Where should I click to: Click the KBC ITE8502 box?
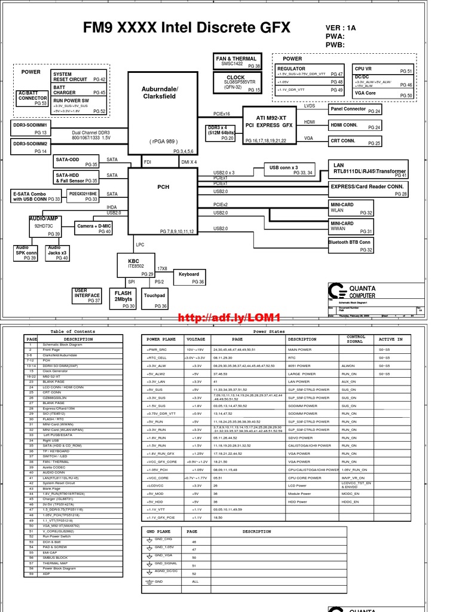coord(136,265)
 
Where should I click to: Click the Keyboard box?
coord(189,277)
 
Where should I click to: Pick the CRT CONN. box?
coord(356,142)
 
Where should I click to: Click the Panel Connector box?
coord(356,110)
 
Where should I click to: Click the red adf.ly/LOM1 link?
coord(229,317)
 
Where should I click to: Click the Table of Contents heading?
coord(73,331)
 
